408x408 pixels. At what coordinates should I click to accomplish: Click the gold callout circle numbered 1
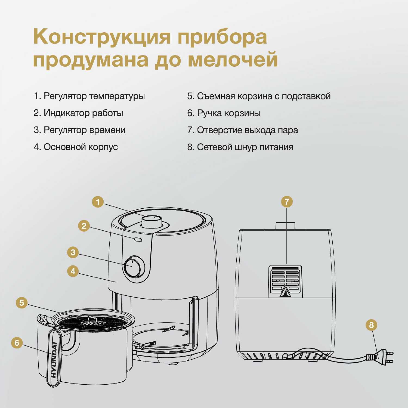point(98,202)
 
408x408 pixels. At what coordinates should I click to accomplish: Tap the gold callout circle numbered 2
point(84,226)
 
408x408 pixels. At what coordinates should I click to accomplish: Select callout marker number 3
point(73,252)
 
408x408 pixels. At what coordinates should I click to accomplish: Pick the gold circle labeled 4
point(73,271)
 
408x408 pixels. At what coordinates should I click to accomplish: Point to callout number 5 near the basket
point(22,303)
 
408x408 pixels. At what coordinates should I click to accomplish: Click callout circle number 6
point(17,343)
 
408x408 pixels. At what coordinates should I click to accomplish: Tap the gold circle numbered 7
point(287,202)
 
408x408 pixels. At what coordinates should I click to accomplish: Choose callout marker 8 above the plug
point(371,325)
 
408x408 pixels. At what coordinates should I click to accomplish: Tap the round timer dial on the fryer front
point(132,266)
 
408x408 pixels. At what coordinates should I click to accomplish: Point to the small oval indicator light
point(138,240)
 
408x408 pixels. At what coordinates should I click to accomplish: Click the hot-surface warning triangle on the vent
point(285,292)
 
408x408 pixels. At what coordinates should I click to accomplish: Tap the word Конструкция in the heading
point(102,37)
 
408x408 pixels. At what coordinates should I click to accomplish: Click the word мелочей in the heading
point(233,59)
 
